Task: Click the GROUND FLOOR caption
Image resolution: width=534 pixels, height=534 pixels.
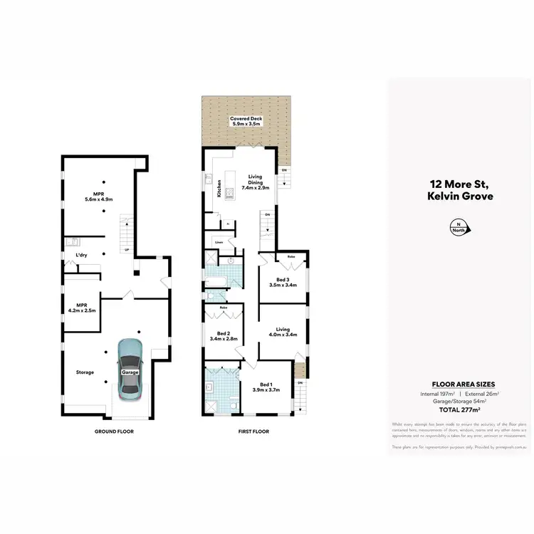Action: click(114, 431)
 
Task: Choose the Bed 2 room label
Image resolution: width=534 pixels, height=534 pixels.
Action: click(223, 336)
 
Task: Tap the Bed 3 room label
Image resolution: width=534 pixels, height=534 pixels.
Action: click(283, 281)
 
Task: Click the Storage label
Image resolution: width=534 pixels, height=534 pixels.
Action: click(85, 372)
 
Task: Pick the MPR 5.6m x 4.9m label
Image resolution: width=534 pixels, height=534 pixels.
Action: click(103, 197)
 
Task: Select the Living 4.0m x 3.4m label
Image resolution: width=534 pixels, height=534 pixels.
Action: click(283, 331)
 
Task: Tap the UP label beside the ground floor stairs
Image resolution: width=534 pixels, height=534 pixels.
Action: click(126, 250)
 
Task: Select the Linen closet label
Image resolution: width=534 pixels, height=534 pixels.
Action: click(219, 243)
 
